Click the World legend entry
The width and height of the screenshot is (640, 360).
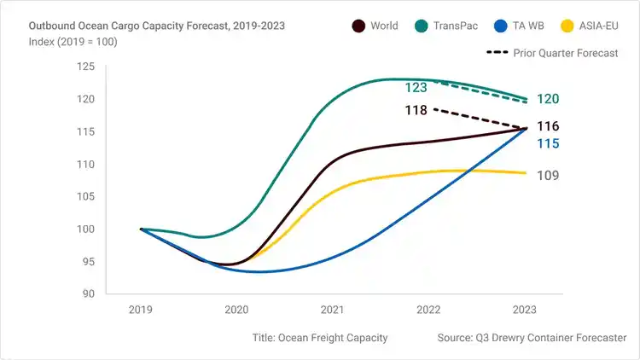375,26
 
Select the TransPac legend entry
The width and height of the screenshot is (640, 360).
457,26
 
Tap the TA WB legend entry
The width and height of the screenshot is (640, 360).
535,26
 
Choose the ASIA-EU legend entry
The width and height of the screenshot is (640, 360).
600,26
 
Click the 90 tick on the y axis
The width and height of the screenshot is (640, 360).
87,294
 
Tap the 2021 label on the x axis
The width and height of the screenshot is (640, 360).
332,311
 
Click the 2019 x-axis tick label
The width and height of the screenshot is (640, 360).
141,311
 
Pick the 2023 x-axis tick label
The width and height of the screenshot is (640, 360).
523,311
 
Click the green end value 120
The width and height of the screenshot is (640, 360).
548,100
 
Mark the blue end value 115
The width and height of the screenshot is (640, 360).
548,144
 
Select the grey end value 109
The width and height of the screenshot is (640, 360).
548,176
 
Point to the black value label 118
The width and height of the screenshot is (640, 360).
416,110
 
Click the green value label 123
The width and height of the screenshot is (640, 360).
416,87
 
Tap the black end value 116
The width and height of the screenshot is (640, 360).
548,127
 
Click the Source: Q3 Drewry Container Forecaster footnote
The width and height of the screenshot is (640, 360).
532,338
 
